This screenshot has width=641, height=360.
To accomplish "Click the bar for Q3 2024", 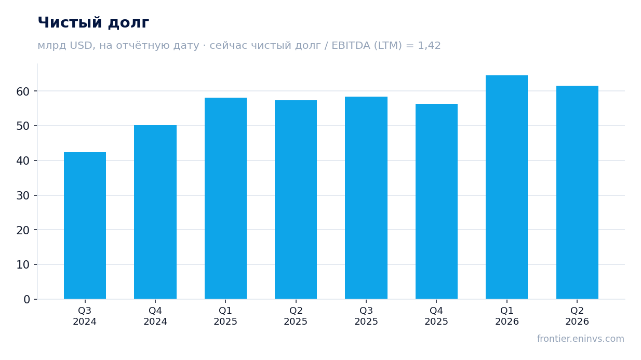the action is [85, 225].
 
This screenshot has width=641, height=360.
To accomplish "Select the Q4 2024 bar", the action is [155, 212].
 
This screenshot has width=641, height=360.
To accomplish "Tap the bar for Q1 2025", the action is [225, 198].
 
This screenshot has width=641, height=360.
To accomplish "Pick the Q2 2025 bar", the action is [296, 200].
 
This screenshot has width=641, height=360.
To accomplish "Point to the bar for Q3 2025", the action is [366, 198].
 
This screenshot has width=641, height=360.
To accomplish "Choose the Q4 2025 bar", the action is [436, 202].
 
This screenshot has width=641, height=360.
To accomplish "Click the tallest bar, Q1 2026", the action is [506, 187].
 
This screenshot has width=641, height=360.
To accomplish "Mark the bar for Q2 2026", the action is [577, 192].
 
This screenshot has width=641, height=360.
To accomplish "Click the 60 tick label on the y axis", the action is [23, 91].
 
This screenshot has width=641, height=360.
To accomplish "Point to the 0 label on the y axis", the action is [26, 300].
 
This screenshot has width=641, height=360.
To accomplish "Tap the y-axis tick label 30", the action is [23, 196].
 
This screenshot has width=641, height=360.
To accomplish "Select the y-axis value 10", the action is [23, 265].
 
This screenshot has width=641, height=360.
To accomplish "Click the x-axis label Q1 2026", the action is [507, 316].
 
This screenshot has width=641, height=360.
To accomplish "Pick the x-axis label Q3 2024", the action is [85, 316].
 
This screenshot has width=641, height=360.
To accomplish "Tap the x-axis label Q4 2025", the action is [436, 316].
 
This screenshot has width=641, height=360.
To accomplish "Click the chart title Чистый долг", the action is [94, 23].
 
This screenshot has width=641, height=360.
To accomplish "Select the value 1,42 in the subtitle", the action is [429, 46].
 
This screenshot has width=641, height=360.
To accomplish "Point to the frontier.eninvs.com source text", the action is [580, 339].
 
